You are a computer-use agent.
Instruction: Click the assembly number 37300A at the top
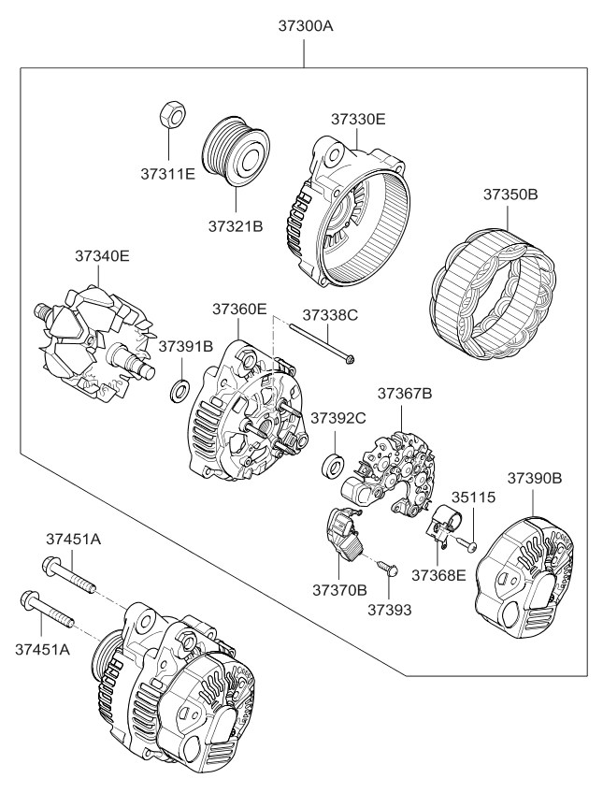(305, 25)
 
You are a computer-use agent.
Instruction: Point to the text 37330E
(357, 119)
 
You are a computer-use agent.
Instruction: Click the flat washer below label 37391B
(177, 388)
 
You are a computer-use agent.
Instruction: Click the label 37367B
(404, 394)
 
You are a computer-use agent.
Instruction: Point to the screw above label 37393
(388, 567)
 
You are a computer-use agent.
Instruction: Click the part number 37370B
(338, 591)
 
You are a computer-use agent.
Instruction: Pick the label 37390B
(534, 478)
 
